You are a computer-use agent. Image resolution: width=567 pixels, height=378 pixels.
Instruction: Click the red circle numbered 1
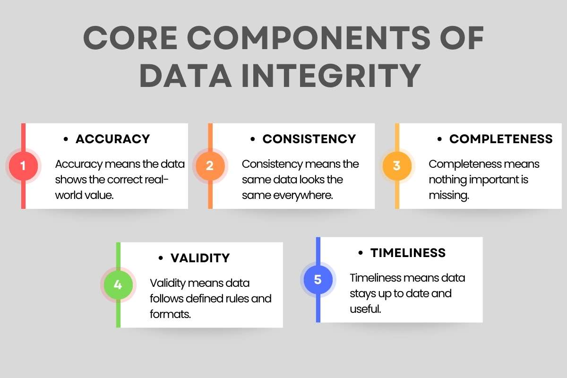tap(23, 166)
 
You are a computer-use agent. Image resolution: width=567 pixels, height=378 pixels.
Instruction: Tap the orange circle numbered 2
tap(210, 166)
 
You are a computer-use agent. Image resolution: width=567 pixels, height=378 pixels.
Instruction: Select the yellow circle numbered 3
tap(396, 166)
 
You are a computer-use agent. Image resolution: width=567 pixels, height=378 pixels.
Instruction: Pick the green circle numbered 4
tap(118, 285)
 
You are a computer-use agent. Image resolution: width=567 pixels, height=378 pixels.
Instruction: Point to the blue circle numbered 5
tap(318, 280)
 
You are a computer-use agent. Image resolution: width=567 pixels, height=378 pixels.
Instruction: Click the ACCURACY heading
tap(112, 139)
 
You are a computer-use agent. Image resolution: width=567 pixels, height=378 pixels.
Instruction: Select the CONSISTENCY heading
tap(309, 139)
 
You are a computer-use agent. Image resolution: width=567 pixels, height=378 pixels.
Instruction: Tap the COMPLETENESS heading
tap(501, 139)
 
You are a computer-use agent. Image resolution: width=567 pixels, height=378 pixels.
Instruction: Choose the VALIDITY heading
tap(200, 258)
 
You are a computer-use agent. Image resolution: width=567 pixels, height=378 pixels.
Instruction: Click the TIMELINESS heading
tap(408, 253)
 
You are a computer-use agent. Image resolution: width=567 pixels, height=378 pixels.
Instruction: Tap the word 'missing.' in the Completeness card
tap(449, 196)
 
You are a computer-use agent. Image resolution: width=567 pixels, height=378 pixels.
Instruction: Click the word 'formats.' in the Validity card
tap(170, 314)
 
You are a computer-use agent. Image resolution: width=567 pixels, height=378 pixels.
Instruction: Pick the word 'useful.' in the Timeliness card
tap(365, 309)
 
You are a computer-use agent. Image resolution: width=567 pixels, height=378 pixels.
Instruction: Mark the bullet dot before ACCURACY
tap(66, 139)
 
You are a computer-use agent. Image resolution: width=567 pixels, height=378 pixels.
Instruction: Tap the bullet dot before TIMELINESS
tap(361, 253)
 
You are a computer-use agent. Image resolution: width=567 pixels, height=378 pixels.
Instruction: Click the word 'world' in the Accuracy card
tap(70, 195)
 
